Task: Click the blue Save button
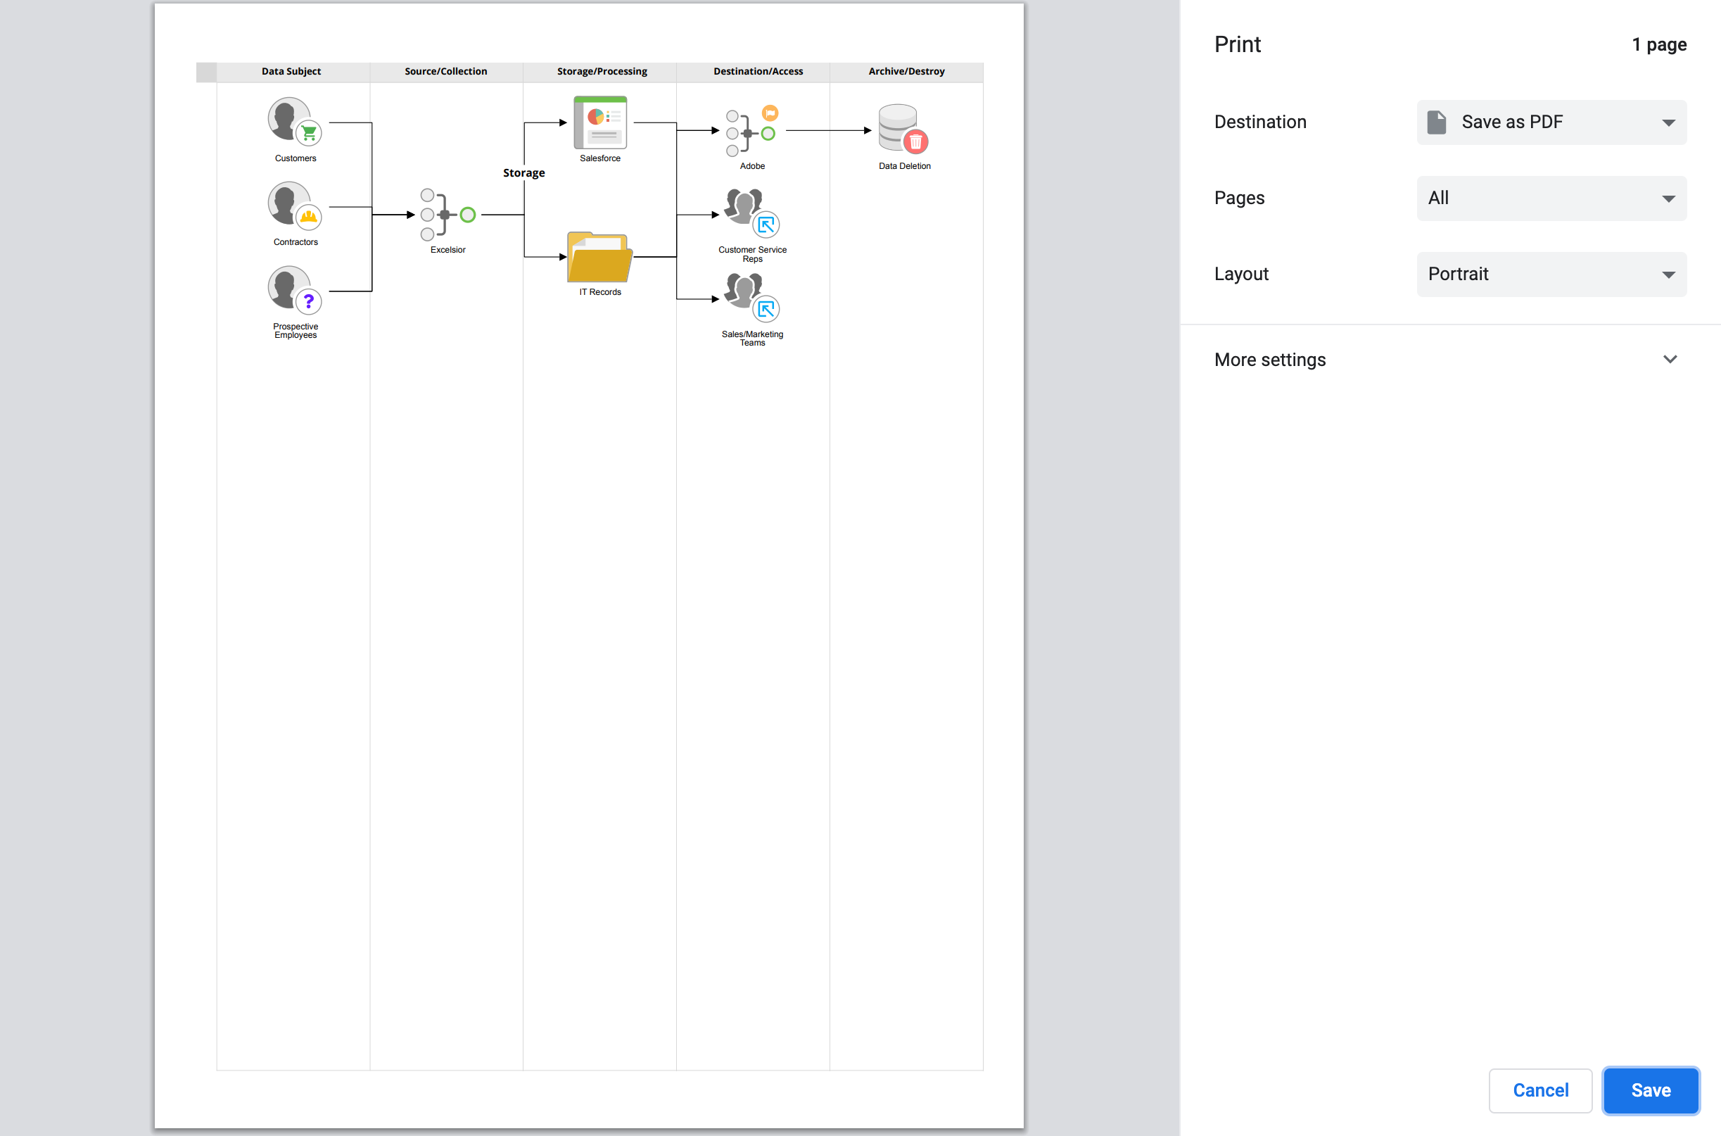coord(1650,1090)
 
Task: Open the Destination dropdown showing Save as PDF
coord(1551,122)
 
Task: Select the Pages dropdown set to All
coord(1551,198)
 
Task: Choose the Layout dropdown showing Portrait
coord(1551,274)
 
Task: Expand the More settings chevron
coord(1670,360)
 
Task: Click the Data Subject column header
coord(291,72)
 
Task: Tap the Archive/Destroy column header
coord(906,72)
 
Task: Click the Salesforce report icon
coord(600,122)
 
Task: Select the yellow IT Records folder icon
coord(599,257)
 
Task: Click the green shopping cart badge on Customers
coord(309,133)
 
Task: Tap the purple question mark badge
coord(309,301)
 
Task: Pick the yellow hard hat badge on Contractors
coord(309,217)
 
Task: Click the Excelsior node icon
coord(447,215)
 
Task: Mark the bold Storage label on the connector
coord(523,173)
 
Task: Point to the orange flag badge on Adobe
coord(770,113)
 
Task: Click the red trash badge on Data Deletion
coord(916,142)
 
